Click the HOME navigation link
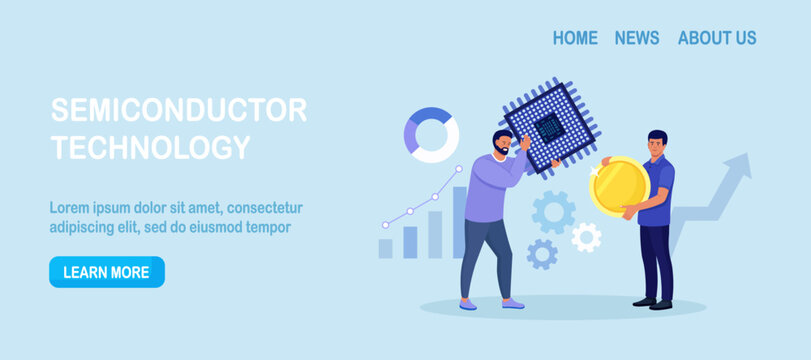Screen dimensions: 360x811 [575, 38]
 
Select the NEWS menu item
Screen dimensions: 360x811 [637, 38]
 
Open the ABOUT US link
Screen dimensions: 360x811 [717, 38]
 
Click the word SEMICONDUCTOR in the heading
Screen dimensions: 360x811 [179, 110]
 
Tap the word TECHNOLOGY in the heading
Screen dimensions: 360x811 [150, 148]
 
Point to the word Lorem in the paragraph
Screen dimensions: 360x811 [70, 208]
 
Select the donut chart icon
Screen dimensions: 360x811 [431, 135]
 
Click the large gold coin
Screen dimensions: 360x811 [619, 186]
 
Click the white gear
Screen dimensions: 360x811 [586, 237]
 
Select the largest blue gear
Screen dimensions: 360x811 [553, 212]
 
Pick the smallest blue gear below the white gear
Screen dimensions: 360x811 [542, 254]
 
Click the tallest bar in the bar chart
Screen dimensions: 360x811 [459, 222]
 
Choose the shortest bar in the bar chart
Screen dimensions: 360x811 [385, 248]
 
